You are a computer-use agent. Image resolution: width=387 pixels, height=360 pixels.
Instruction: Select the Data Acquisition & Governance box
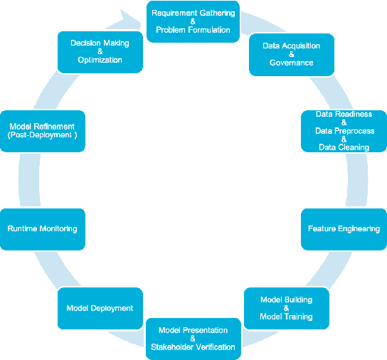pyautogui.click(x=291, y=54)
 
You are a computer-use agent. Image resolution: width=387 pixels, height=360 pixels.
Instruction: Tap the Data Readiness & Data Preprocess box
pyautogui.click(x=344, y=130)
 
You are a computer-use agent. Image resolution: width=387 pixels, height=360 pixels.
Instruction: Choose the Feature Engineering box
pyautogui.click(x=344, y=229)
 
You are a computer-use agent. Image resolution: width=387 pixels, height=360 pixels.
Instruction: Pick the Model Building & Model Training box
pyautogui.click(x=286, y=307)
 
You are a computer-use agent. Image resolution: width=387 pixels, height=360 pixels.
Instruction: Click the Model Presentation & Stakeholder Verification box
pyautogui.click(x=193, y=339)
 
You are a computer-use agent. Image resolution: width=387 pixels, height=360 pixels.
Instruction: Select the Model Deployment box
pyautogui.click(x=100, y=308)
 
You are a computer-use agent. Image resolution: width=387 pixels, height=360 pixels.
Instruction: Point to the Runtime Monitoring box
pyautogui.click(x=43, y=229)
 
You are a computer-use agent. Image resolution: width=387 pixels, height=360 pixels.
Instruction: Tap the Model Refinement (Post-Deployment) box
pyautogui.click(x=43, y=130)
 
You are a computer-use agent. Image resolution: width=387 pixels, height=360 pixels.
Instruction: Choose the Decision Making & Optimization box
pyautogui.click(x=100, y=51)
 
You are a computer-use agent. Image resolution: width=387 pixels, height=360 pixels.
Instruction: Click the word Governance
pyautogui.click(x=291, y=63)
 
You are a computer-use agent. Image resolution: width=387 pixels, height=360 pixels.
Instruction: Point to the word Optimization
pyautogui.click(x=100, y=60)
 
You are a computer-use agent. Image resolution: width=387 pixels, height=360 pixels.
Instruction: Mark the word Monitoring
pyautogui.click(x=58, y=229)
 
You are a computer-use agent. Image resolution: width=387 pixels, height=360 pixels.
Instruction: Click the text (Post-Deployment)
pyautogui.click(x=42, y=134)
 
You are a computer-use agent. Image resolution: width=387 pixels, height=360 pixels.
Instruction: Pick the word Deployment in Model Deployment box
pyautogui.click(x=113, y=308)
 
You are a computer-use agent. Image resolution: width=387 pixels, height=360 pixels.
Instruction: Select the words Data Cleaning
pyautogui.click(x=344, y=147)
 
